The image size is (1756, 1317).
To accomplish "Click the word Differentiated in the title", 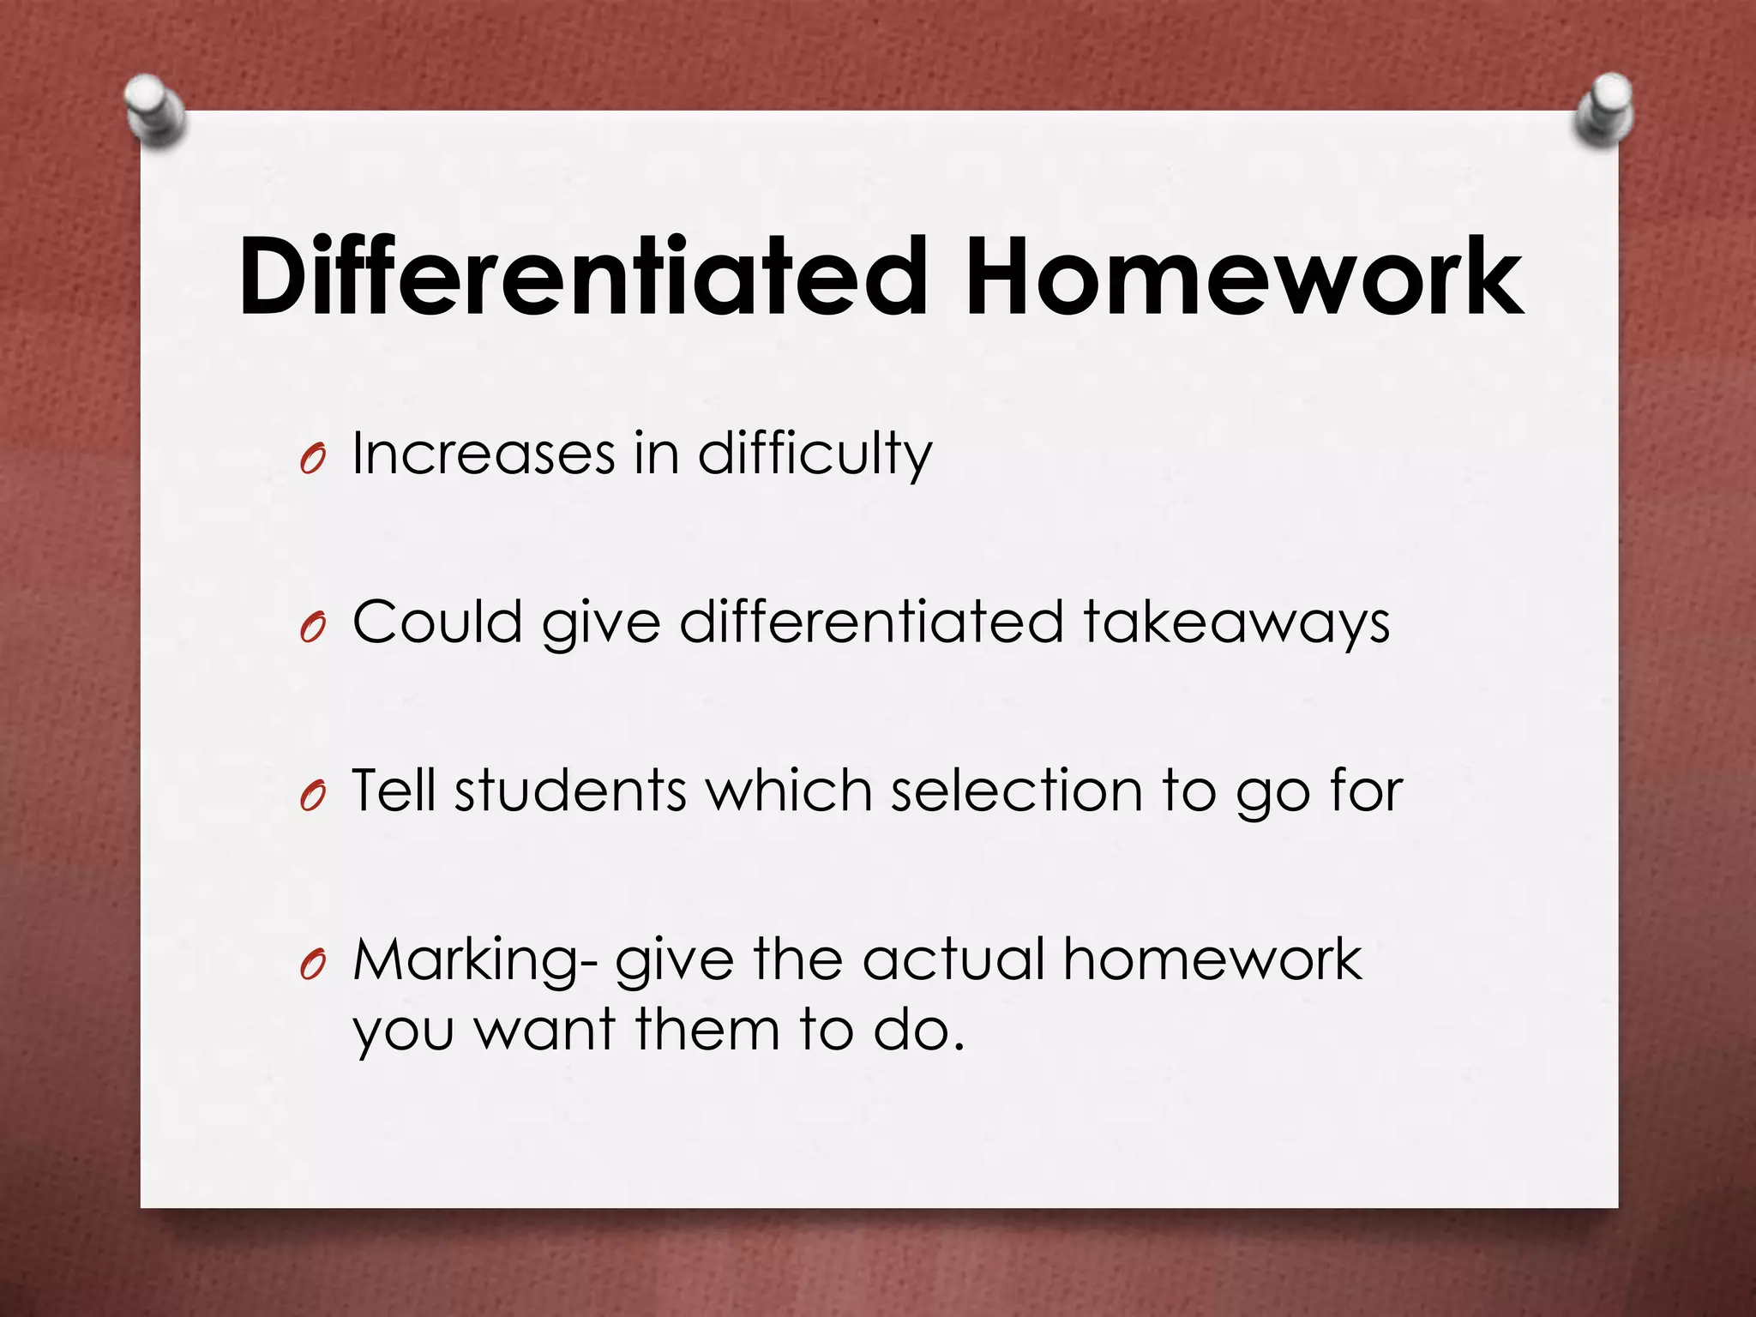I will [583, 277].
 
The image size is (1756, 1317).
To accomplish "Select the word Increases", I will [484, 454].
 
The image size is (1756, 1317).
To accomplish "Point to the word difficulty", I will [815, 455].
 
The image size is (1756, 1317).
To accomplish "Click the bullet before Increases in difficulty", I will [313, 461].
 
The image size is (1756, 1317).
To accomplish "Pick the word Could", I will [437, 622].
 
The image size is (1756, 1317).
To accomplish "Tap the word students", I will [571, 790].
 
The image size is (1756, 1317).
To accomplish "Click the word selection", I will [1016, 790].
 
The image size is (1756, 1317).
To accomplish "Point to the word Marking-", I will [475, 961].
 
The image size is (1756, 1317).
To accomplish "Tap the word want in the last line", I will [545, 1030].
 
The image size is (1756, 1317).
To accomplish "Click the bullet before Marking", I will [313, 967].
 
